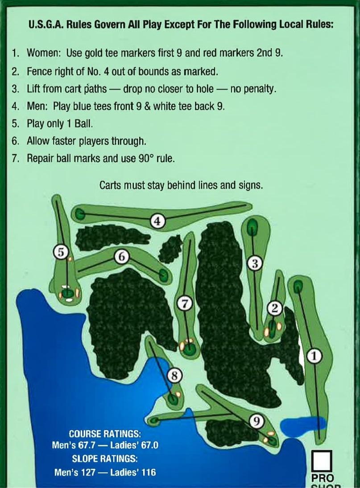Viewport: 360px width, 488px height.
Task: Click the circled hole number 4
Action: [158, 221]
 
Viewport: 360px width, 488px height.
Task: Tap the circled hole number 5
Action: [61, 252]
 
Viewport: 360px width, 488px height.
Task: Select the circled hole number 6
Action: [122, 257]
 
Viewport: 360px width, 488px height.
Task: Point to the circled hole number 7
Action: [185, 304]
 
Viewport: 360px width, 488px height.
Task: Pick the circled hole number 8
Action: [174, 375]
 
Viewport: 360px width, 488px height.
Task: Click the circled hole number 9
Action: [257, 421]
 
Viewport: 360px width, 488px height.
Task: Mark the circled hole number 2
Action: [275, 308]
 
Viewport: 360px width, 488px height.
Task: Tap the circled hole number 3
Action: [255, 264]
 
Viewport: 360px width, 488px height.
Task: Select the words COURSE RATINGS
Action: [105, 434]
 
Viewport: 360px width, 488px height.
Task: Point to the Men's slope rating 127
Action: [88, 472]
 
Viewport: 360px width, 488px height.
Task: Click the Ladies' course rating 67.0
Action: [150, 445]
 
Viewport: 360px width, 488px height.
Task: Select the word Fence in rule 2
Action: [37, 72]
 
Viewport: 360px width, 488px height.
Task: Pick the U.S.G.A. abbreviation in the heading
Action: [46, 25]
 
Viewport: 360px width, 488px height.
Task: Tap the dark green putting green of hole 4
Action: [80, 214]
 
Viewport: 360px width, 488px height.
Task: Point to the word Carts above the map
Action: [110, 185]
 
